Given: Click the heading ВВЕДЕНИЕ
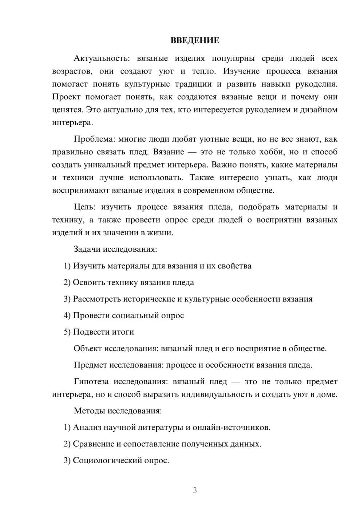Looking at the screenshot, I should click(195, 40).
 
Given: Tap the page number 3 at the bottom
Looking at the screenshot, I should click(195, 490).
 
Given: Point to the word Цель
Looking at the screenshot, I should click(84, 207).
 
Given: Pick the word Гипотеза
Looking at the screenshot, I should click(91, 382).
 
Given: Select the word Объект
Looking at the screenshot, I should click(87, 349).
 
